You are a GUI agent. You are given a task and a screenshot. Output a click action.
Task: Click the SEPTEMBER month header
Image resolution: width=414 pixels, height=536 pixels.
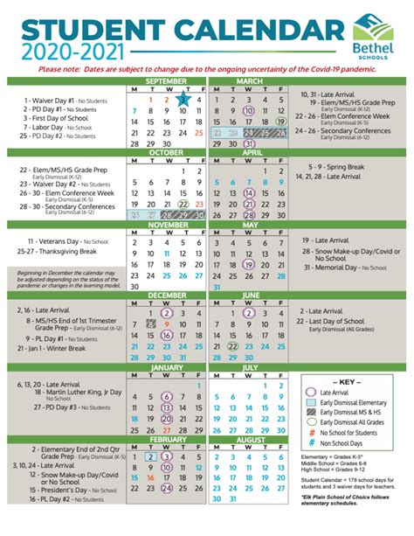click(x=166, y=80)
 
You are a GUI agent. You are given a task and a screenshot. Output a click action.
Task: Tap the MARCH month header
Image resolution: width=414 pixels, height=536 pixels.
click(x=249, y=80)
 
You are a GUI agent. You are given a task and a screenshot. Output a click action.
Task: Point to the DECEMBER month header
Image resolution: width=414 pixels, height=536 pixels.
click(x=166, y=296)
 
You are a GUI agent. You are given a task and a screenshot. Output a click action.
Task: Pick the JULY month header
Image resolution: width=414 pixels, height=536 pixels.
click(x=249, y=369)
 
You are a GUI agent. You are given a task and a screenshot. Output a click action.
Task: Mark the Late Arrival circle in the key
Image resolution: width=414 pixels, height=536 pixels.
click(x=312, y=393)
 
